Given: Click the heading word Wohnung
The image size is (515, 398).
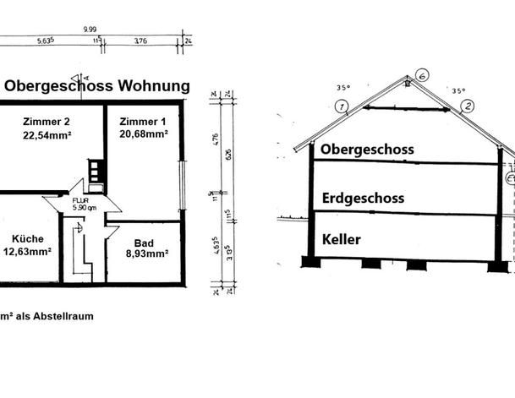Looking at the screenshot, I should click(153, 85).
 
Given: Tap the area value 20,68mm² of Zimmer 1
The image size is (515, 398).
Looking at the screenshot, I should click(144, 134).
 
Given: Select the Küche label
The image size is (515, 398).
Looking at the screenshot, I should click(30, 237).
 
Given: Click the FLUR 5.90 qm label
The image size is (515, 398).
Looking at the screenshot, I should click(85, 204).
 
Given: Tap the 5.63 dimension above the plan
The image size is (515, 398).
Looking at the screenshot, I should click(46, 39).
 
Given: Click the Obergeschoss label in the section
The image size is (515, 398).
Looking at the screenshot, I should click(368, 150).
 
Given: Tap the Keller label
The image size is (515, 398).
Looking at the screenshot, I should click(342, 239).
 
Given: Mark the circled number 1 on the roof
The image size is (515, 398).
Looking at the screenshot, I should click(341, 106).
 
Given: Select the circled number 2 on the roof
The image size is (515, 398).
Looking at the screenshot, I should click(468, 106).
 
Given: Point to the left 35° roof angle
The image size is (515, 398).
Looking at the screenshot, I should click(342, 87).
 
